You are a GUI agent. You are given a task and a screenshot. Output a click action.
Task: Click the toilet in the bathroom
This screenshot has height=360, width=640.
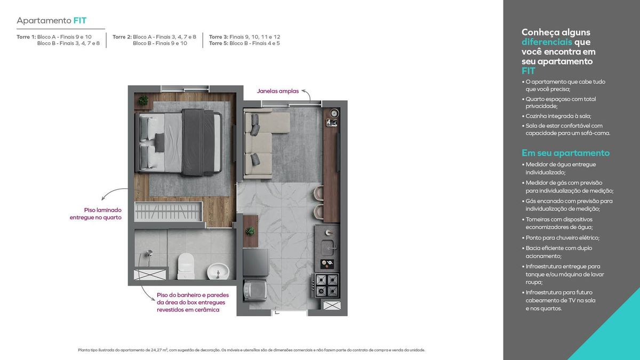pyautogui.click(x=186, y=266)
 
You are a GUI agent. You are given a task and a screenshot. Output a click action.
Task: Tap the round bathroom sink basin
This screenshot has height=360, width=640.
pyautogui.click(x=218, y=271)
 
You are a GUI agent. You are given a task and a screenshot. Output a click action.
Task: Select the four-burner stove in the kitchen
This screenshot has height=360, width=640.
pyautogui.click(x=326, y=285)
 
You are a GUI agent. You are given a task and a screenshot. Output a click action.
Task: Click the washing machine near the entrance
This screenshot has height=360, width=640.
pyautogui.click(x=255, y=290)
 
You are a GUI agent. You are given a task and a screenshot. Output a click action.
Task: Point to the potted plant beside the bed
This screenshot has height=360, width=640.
pyautogui.click(x=143, y=100)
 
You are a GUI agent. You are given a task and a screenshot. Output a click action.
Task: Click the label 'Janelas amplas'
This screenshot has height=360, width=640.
pyautogui.click(x=278, y=91)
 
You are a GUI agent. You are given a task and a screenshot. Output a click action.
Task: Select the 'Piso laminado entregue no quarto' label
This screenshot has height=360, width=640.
pyautogui.click(x=95, y=214)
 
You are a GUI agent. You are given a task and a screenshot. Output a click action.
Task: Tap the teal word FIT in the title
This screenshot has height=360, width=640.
pyautogui.click(x=79, y=21)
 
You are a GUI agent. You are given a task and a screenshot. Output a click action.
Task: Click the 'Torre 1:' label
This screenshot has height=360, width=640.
pyautogui.click(x=26, y=37)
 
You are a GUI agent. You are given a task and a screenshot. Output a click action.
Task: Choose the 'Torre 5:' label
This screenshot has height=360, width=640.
pyautogui.click(x=219, y=43)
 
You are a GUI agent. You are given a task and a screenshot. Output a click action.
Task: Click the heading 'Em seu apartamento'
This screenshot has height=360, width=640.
pyautogui.click(x=565, y=153)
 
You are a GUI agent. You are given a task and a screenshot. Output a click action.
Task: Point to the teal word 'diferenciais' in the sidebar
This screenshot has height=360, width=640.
pyautogui.click(x=547, y=42)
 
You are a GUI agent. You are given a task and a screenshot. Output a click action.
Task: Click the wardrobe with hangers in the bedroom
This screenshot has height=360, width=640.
pyautogui.click(x=169, y=211)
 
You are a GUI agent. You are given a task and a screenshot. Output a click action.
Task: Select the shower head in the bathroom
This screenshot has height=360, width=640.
pyautogui.click(x=149, y=253)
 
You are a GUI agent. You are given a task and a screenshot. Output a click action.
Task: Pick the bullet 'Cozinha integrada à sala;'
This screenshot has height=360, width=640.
pyautogui.click(x=557, y=116)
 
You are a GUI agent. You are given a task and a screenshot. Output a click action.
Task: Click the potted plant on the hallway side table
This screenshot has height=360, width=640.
pyautogui.click(x=250, y=231)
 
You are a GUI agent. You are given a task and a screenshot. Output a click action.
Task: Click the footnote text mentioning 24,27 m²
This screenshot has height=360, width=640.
pyautogui.click(x=251, y=350)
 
